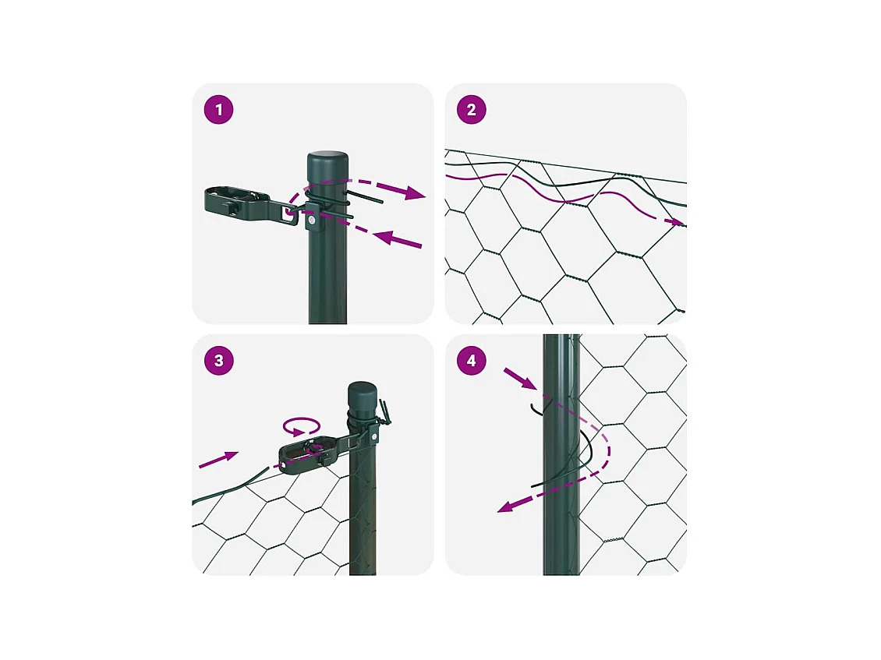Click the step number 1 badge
(218, 110)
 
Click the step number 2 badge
(472, 110)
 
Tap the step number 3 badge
(218, 361)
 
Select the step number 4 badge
(472, 361)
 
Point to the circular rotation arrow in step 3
(302, 426)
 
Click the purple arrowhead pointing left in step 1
(383, 238)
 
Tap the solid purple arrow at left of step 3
(218, 460)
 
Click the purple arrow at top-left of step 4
(520, 378)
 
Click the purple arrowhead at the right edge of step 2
(677, 222)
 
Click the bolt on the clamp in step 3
(373, 436)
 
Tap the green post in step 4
(561, 455)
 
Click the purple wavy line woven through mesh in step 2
(562, 199)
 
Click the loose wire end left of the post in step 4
(536, 409)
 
